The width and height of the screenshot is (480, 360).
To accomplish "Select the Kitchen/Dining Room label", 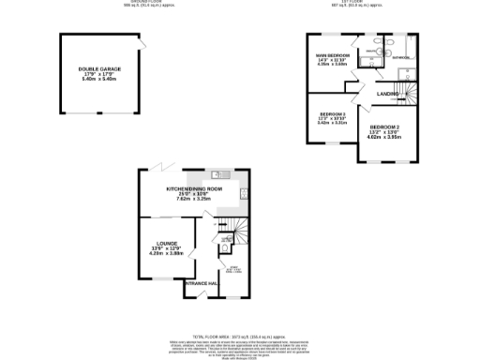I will (x=194, y=189).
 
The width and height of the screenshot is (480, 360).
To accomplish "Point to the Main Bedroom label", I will (x=333, y=55).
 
